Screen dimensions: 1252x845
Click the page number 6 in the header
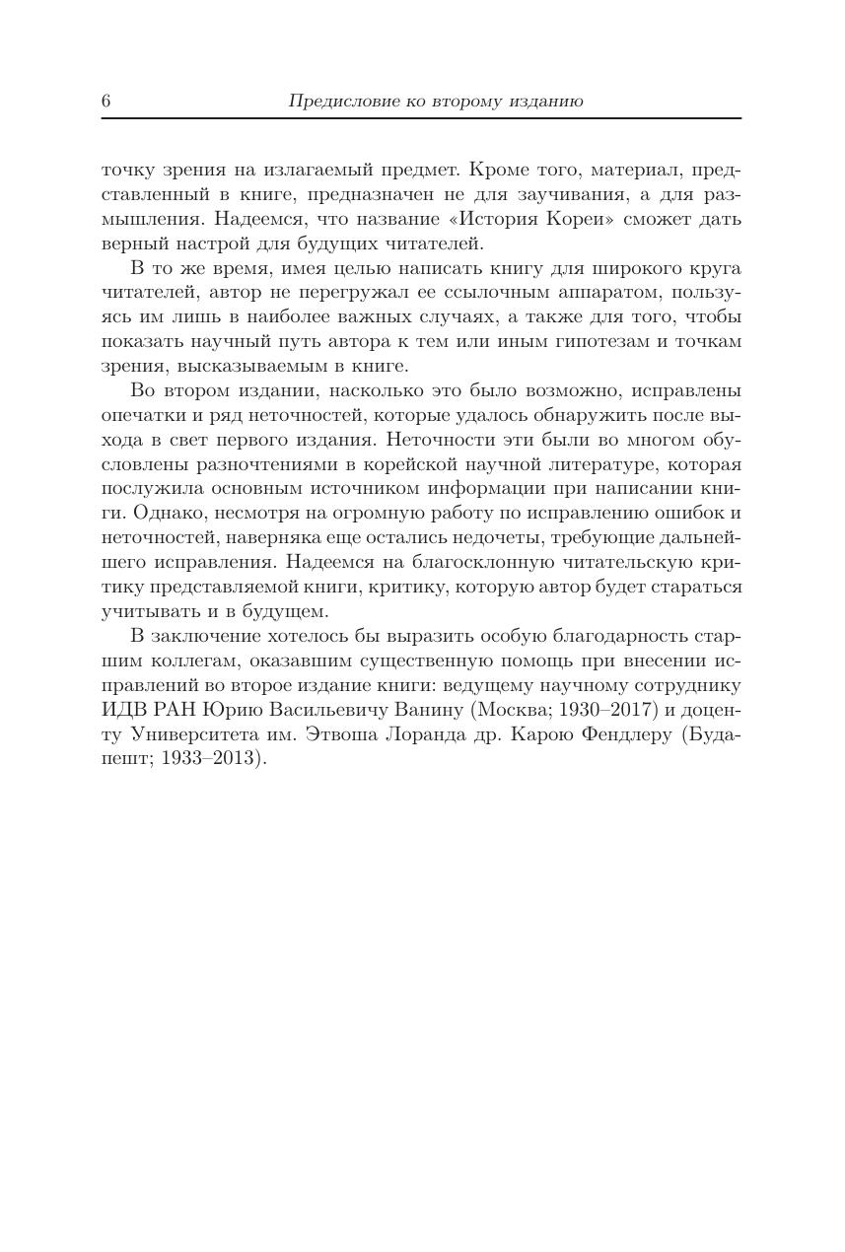coord(106,102)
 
